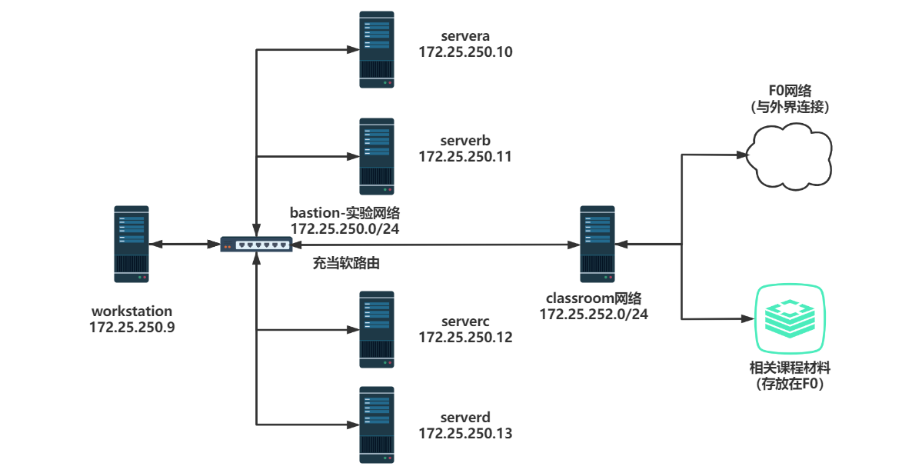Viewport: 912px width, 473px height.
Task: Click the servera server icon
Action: coord(377,49)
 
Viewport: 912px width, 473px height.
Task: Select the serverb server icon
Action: coord(377,156)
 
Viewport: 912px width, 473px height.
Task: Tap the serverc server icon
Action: coord(377,329)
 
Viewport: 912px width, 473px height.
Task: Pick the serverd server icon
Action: coord(377,425)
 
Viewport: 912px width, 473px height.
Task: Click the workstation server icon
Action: coord(131,244)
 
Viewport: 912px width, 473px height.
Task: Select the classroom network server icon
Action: coord(597,244)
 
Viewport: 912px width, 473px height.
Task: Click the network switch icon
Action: coord(256,244)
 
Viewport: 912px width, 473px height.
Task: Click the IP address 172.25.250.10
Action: coord(465,52)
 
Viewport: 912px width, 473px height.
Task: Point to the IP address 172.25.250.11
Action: coord(465,156)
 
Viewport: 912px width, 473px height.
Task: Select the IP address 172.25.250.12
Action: coord(465,337)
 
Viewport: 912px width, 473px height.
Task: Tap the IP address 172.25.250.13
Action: coord(465,433)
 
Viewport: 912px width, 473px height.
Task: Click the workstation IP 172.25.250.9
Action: coord(132,327)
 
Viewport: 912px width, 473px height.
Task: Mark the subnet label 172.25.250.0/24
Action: coord(345,228)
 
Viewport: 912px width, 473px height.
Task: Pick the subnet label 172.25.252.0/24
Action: coord(594,314)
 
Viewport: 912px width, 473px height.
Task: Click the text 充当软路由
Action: coord(346,263)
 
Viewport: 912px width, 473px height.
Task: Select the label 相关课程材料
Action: coord(791,368)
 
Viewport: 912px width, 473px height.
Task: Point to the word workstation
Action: coord(132,311)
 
